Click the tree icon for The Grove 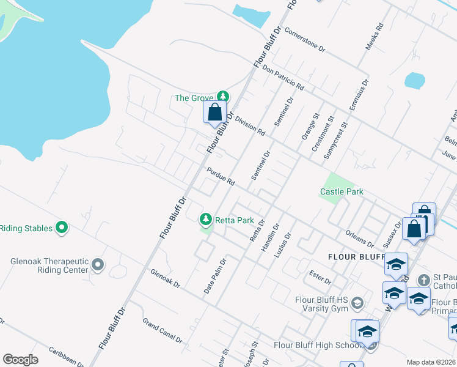coord(224,97)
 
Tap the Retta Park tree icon coord(206,219)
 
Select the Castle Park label coord(342,191)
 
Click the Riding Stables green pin coord(61,228)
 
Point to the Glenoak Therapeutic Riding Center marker coord(98,265)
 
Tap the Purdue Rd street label coord(221,177)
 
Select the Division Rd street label coord(250,126)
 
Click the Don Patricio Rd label coord(283,79)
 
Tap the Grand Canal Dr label coord(163,330)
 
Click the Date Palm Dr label coord(214,275)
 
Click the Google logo coord(20,360)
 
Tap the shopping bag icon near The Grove coord(214,113)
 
